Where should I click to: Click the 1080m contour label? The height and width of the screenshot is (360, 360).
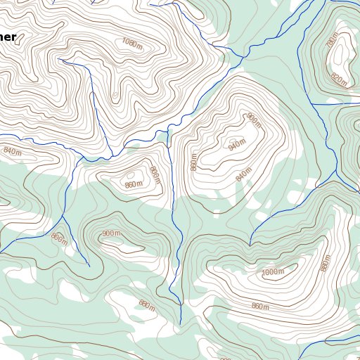click(132, 41)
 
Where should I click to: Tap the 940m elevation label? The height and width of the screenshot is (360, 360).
click(237, 145)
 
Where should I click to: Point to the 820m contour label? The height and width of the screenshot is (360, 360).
click(338, 81)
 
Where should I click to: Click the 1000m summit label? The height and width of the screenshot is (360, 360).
click(272, 272)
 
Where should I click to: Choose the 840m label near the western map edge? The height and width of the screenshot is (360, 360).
click(13, 150)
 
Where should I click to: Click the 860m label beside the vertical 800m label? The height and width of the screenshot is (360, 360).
click(133, 185)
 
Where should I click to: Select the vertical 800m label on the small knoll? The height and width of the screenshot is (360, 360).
click(155, 175)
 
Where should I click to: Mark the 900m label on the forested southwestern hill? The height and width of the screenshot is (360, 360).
click(111, 233)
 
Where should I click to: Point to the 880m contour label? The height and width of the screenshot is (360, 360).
click(146, 304)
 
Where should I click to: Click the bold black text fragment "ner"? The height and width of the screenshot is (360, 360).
click(8, 37)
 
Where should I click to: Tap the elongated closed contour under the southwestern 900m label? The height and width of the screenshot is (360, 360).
click(120, 244)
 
